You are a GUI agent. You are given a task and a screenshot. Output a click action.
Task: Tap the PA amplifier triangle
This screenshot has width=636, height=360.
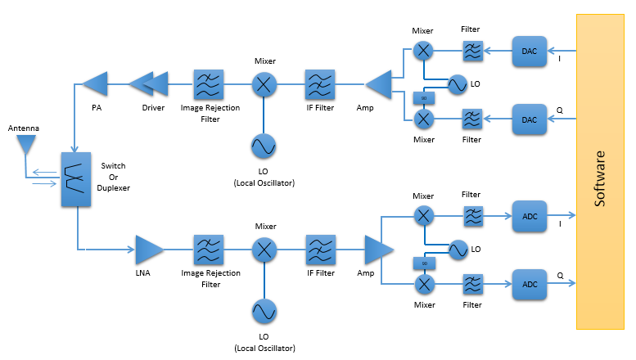(x=96, y=82)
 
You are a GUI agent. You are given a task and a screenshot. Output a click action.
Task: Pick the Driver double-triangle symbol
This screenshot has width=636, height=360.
(x=149, y=82)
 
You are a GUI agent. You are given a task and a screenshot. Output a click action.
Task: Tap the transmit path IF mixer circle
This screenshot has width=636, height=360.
(x=263, y=83)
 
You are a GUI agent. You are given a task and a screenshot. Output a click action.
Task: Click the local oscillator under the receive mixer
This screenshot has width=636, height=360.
(x=263, y=311)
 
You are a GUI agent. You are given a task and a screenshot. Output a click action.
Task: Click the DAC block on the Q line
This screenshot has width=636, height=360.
(x=529, y=119)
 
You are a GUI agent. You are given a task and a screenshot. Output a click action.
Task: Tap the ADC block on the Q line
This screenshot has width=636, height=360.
(x=529, y=284)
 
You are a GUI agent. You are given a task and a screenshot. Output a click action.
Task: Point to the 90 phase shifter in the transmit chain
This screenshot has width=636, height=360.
(x=424, y=98)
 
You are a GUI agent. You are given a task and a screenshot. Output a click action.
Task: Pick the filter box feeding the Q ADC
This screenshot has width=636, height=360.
(x=472, y=284)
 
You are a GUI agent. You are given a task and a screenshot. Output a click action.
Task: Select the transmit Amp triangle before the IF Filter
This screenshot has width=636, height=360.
(x=377, y=83)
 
